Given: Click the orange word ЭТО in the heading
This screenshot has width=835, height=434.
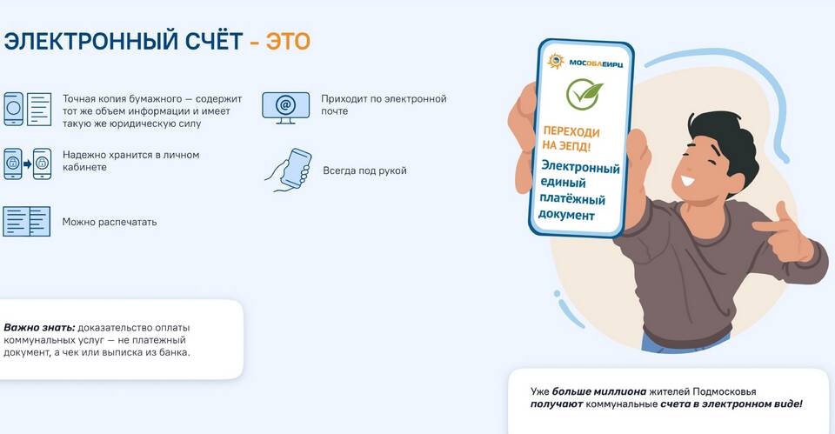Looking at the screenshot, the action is coord(288,42).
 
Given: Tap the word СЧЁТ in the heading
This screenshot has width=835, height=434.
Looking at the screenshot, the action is coord(214,41).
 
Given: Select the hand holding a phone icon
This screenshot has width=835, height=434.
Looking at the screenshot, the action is coord(289,170).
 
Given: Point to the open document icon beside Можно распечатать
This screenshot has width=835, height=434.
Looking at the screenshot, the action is coord(27,222).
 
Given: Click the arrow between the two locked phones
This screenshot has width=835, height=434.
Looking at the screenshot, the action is coord(28,164).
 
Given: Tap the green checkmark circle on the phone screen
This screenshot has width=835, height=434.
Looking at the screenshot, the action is coord(584,94).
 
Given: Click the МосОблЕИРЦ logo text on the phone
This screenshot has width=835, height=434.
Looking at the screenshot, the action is coord(596,63).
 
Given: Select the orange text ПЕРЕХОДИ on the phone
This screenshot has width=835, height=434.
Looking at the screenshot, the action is coord(571,131).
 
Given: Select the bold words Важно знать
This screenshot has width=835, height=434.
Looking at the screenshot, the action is coord(39,328).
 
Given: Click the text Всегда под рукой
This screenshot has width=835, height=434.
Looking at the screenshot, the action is coord(364,171).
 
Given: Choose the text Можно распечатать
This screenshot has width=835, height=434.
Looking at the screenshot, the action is coord(110,222).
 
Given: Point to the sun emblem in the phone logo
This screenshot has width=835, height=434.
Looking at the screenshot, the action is coord(556,61).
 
